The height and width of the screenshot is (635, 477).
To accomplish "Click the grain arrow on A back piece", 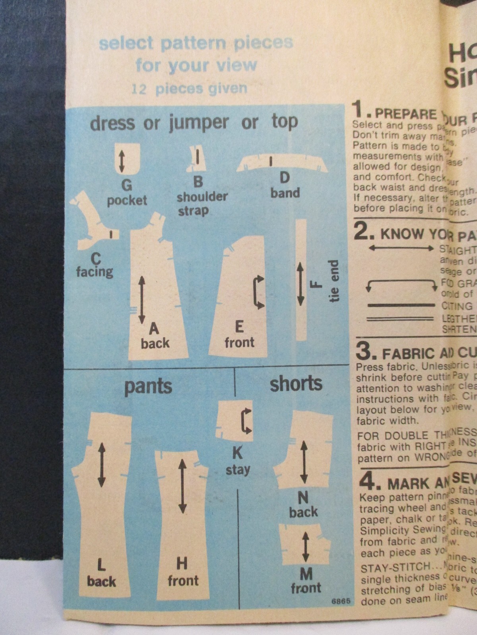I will click(x=142, y=300).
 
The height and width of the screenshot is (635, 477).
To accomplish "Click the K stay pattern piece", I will click(x=236, y=421).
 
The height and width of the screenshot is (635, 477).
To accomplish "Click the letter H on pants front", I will click(x=182, y=563).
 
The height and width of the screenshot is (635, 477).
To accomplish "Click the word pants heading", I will click(x=148, y=386).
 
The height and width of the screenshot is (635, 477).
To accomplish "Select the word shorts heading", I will click(x=296, y=384).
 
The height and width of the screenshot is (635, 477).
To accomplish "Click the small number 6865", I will click(x=341, y=601).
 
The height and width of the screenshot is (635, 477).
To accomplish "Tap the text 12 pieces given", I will click(x=189, y=89).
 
